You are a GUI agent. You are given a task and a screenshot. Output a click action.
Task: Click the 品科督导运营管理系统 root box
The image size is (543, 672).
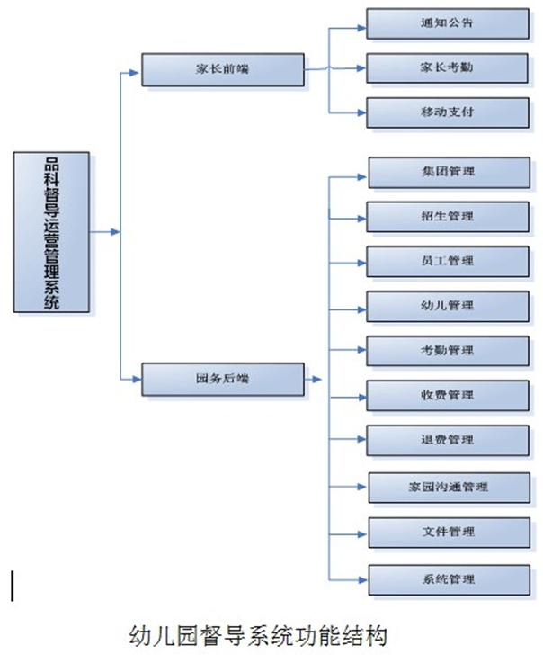tap(52, 232)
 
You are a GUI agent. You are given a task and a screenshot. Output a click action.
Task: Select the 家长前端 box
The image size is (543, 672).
tap(223, 70)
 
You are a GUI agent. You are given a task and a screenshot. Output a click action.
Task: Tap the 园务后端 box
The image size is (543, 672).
tap(223, 379)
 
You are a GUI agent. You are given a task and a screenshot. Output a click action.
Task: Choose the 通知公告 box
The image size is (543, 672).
tap(447, 22)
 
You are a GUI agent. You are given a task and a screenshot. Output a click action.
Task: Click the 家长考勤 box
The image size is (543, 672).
tap(447, 67)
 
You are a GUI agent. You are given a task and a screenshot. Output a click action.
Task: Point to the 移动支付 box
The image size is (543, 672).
tap(447, 112)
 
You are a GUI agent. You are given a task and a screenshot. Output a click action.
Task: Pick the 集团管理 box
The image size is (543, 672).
tap(448, 171)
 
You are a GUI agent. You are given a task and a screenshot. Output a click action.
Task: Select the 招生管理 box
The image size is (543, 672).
tap(448, 216)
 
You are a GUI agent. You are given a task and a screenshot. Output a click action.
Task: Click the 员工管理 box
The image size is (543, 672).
tap(448, 261)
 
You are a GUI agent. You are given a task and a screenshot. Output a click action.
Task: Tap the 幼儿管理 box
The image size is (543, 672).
tap(448, 306)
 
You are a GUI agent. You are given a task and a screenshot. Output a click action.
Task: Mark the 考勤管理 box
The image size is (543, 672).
tap(448, 350)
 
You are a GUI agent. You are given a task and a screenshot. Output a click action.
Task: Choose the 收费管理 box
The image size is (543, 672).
tap(448, 395)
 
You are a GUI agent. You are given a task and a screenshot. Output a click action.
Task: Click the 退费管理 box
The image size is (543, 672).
tap(448, 440)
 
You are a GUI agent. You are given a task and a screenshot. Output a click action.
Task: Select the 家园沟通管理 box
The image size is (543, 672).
tap(448, 487)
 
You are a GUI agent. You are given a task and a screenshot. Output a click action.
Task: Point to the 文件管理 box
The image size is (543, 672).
tap(448, 532)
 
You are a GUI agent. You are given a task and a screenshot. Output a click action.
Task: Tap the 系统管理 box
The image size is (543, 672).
tap(448, 578)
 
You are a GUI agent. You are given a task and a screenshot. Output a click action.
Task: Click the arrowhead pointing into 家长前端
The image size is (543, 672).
tap(137, 71)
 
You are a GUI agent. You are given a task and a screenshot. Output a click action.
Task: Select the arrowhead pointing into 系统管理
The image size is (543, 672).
tap(362, 578)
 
